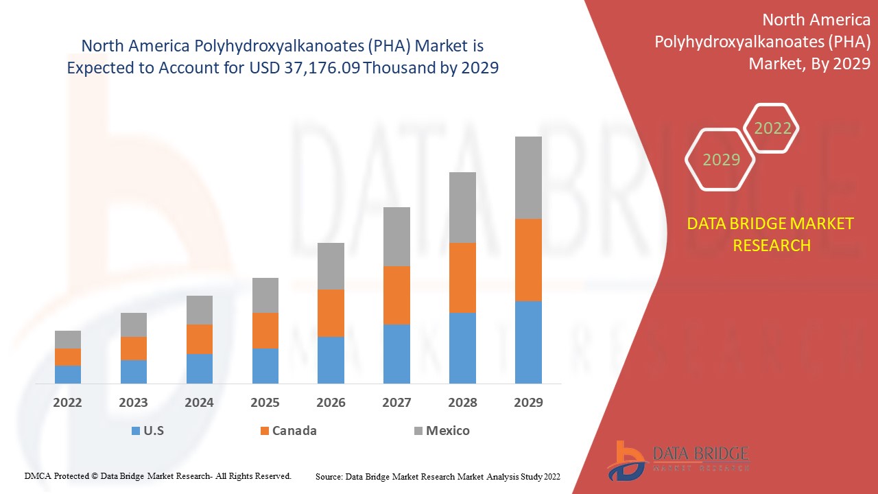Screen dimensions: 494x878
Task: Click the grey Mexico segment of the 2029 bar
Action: coord(528,178)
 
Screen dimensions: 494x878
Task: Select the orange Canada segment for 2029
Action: coord(528,260)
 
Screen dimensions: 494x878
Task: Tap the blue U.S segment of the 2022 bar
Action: coord(68,374)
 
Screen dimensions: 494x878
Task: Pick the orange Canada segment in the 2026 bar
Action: coord(331,313)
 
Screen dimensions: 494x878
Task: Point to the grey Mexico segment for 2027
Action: coord(396,237)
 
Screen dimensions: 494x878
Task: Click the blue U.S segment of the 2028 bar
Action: coord(462,348)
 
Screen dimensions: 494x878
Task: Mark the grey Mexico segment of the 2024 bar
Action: coord(200,310)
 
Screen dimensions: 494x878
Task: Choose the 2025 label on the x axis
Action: coord(265,403)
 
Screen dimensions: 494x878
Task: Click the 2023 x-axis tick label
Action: coord(134,403)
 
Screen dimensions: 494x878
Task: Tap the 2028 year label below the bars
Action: coord(462,403)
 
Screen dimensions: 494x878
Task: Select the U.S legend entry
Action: coord(147,431)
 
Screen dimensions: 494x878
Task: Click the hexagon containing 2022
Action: coord(772,128)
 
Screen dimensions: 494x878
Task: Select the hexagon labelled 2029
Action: coord(720,160)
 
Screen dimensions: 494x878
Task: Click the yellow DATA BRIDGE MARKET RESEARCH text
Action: coord(771,234)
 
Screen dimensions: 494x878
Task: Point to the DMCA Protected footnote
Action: coord(158,475)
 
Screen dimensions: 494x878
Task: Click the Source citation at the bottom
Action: coord(438,476)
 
